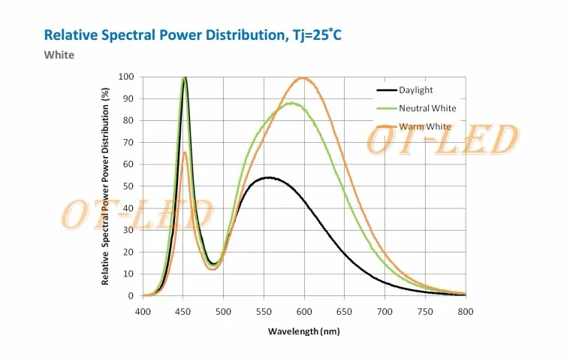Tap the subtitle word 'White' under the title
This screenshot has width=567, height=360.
(59, 55)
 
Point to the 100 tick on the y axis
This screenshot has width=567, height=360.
(126, 77)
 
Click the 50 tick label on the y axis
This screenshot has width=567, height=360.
(128, 186)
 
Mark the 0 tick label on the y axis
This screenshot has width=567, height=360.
(131, 296)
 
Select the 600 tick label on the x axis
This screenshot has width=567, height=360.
(304, 310)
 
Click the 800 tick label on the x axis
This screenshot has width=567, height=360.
(466, 310)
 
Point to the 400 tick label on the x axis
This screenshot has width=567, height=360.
(143, 310)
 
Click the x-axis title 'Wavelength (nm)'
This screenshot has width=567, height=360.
(304, 331)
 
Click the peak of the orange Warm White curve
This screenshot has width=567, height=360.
(303, 77)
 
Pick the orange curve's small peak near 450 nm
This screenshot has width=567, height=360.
(184, 153)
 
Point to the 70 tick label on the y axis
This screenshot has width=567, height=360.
(128, 143)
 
